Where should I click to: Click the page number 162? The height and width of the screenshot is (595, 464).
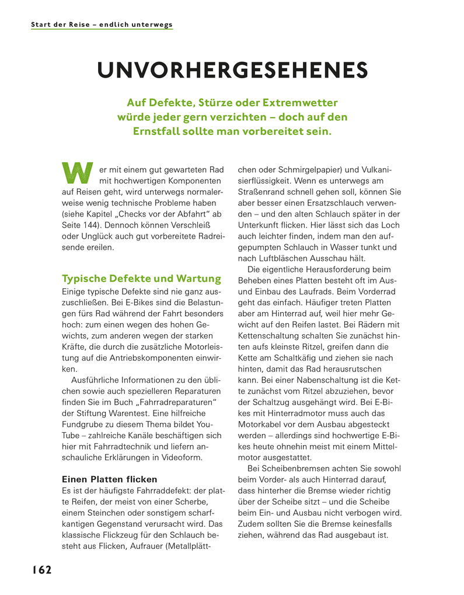[41, 570]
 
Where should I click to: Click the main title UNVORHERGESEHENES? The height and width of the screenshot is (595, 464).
[232, 70]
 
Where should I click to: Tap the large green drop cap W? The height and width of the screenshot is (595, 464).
[77, 171]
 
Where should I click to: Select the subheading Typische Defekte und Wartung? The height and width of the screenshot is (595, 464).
[141, 278]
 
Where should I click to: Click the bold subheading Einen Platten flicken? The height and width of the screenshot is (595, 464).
[110, 479]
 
